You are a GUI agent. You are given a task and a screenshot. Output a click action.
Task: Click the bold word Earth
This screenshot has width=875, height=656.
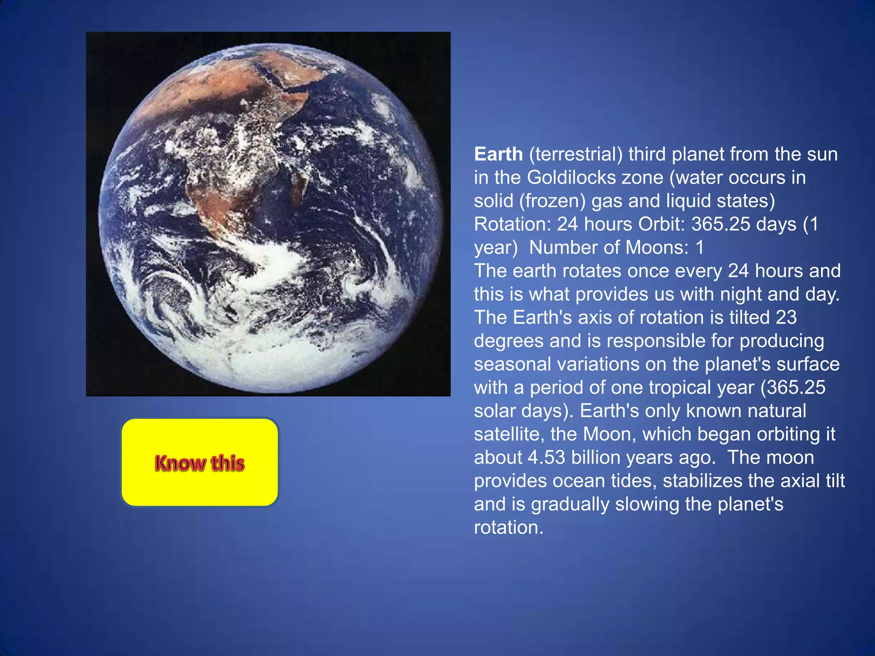tap(498, 154)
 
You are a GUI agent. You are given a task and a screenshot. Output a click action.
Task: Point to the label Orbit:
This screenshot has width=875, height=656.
tap(662, 224)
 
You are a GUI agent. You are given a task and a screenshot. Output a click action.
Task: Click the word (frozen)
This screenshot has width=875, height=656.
tap(552, 201)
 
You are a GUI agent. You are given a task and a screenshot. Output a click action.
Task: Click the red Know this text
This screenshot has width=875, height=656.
tap(200, 463)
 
